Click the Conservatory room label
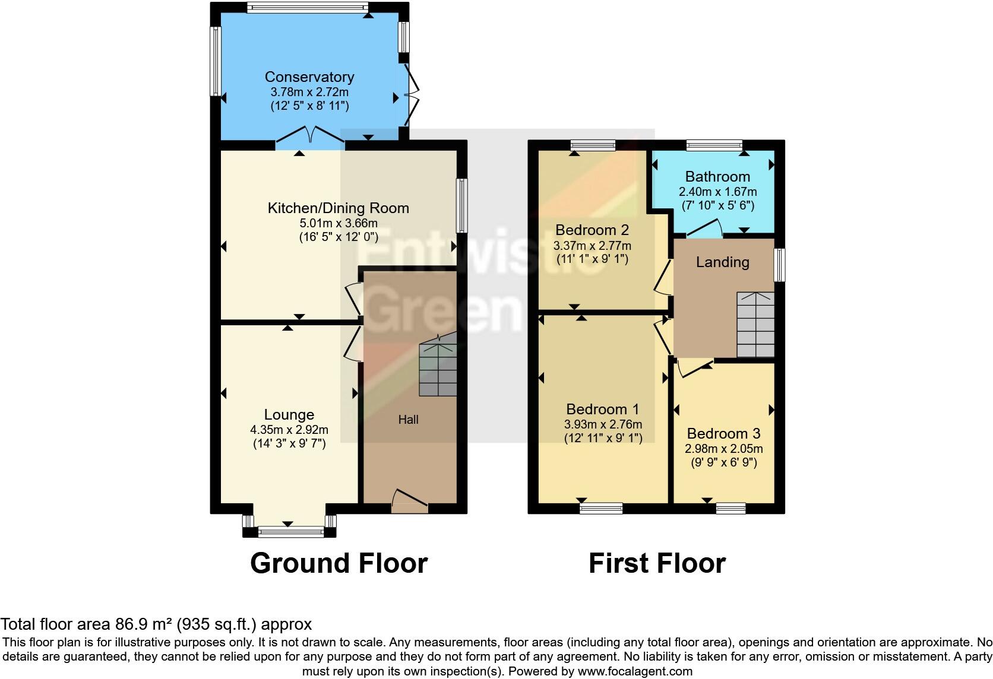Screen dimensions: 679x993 coord(309,77)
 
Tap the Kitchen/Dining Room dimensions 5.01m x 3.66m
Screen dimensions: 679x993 coord(339,224)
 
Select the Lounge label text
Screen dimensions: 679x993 coord(289,415)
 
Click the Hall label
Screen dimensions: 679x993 coord(408,420)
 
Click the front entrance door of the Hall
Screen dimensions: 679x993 coord(410,502)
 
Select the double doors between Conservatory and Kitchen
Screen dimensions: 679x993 coord(310,136)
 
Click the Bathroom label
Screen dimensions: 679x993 coord(717,177)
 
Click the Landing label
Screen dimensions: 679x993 coord(722,262)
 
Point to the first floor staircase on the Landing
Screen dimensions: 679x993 coord(755,325)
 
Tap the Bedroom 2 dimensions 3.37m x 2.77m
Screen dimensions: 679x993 coord(592,246)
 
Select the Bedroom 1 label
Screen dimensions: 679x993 coord(602,410)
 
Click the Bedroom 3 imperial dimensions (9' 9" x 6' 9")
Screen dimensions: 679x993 coord(723,462)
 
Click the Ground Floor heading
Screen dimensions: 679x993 coord(339,563)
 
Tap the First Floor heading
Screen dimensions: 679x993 coord(657,563)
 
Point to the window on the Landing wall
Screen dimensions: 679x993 coord(779,265)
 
